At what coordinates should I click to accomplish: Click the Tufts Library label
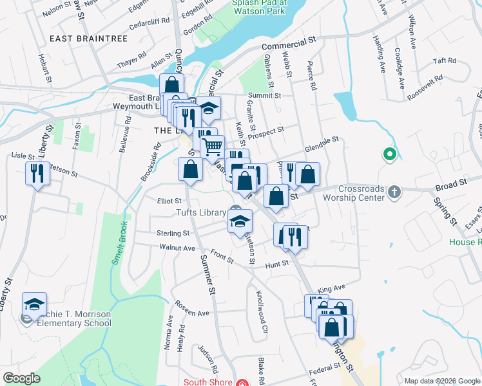point(200,213)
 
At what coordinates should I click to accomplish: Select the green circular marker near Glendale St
point(389,154)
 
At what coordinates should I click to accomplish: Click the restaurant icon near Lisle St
point(37,174)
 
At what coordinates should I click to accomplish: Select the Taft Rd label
point(445,60)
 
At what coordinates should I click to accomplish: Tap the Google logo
point(22,378)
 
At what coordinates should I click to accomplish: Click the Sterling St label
point(173,234)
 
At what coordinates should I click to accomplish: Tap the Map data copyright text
point(442,381)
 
